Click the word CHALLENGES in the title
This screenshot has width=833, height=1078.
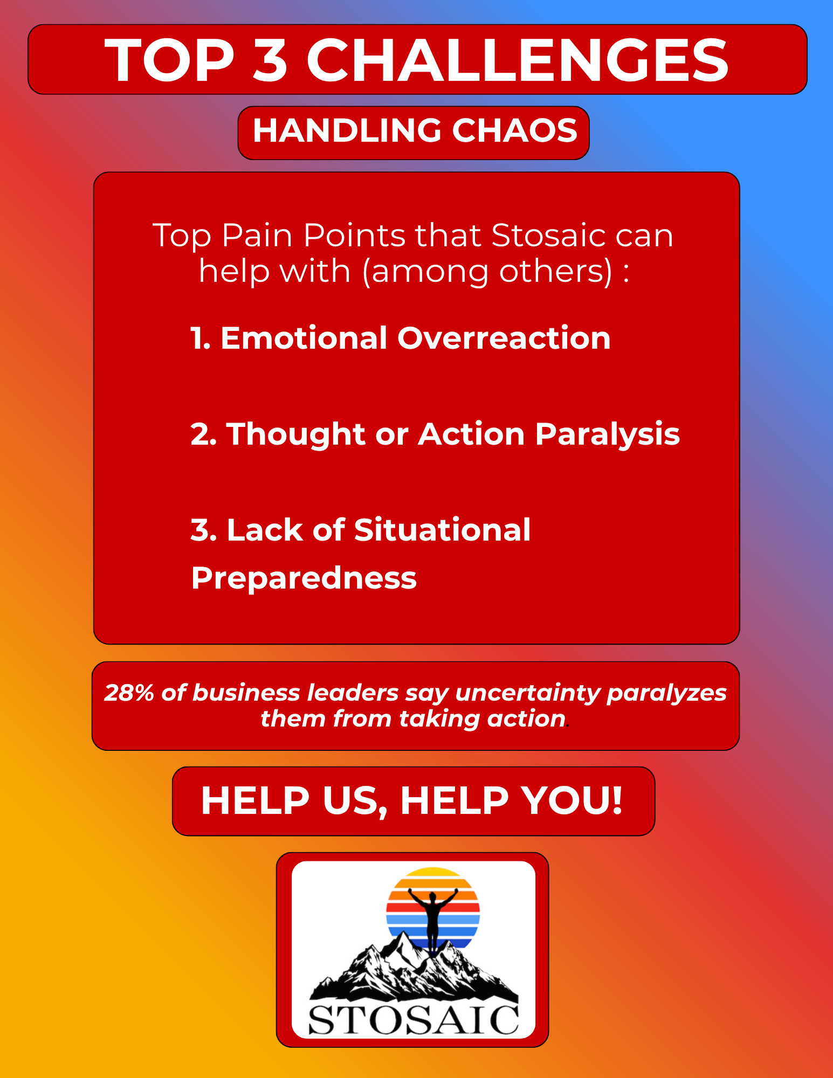pos(518,60)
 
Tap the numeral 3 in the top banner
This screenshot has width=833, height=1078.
pos(270,60)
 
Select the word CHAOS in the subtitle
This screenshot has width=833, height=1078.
pos(514,130)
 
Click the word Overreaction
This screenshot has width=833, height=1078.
pos(504,338)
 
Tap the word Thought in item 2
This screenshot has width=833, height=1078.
pos(295,434)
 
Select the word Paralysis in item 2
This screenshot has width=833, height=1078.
pos(608,434)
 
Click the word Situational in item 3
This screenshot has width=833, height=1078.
pos(442,530)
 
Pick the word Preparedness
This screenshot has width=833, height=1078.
pos(304,578)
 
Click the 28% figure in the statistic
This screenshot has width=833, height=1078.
pos(129,693)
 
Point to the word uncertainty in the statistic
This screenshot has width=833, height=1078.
pos(527,693)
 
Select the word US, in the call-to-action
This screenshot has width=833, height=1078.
pos(355,801)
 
